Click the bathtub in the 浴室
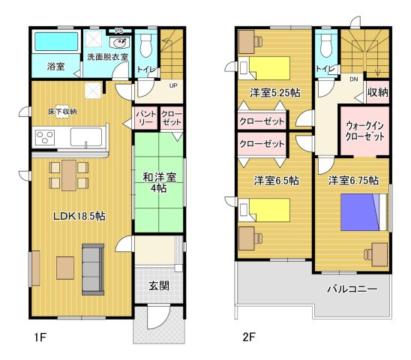pyautogui.click(x=56, y=41)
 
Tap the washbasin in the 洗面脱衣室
pyautogui.click(x=120, y=43)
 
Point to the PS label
pyautogui.click(x=119, y=31)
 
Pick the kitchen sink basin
pyautogui.click(x=86, y=137)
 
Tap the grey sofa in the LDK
pyautogui.click(x=93, y=269)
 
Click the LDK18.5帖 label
pyautogui.click(x=79, y=216)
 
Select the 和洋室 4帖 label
pyautogui.click(x=159, y=183)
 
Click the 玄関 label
pyautogui.click(x=159, y=286)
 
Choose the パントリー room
pyautogui.click(x=146, y=118)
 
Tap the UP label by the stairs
pyautogui.click(x=173, y=85)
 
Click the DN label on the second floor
pyautogui.click(x=353, y=79)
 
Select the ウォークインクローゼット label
pyautogui.click(x=365, y=131)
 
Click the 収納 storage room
pyautogui.click(x=377, y=92)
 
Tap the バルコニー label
pyautogui.click(x=352, y=289)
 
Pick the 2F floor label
pyautogui.click(x=249, y=337)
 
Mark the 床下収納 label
pyautogui.click(x=62, y=112)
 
